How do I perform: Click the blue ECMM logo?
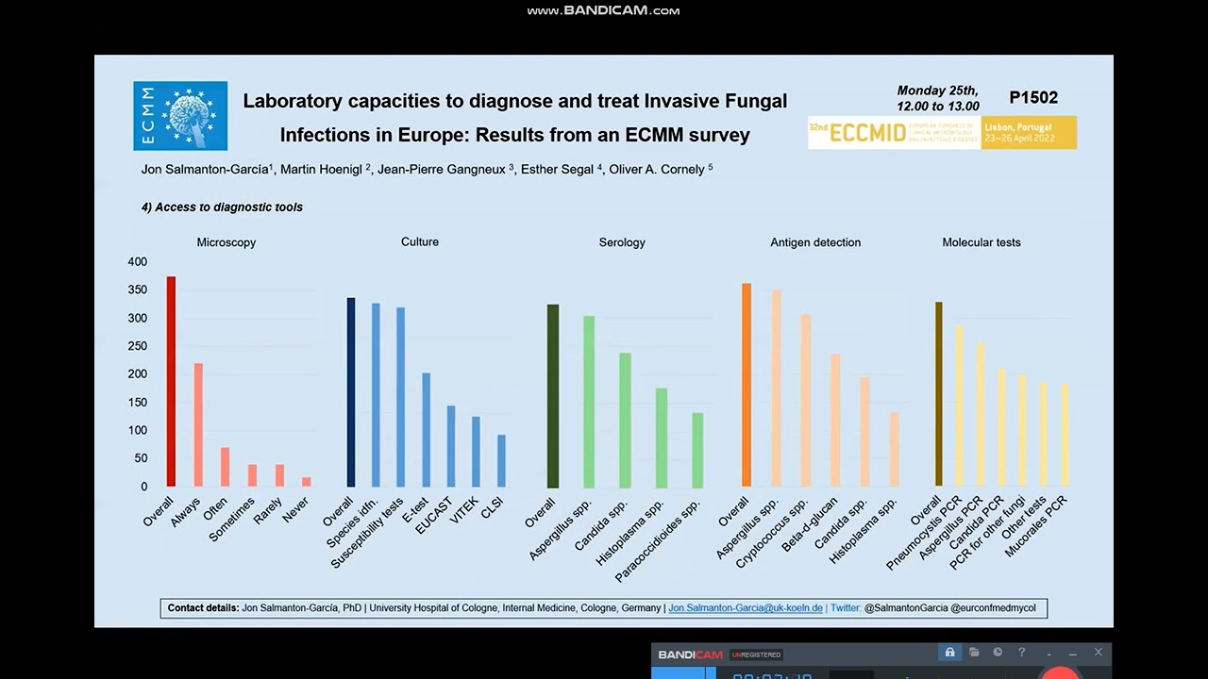click(x=180, y=116)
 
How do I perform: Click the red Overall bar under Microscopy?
click(x=171, y=382)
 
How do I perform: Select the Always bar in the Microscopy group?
click(x=198, y=424)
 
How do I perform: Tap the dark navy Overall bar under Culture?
click(x=351, y=392)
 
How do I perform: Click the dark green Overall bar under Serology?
click(x=553, y=396)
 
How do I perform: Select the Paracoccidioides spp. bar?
click(x=697, y=450)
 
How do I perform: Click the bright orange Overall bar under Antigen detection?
click(x=747, y=385)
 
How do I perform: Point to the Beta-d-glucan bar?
click(x=835, y=421)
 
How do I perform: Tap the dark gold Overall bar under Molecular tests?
click(x=939, y=394)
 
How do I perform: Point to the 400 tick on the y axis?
click(x=138, y=262)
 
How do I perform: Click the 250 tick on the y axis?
click(x=138, y=346)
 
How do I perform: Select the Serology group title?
click(x=622, y=242)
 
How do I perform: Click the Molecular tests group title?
click(x=981, y=242)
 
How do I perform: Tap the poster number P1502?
click(x=1033, y=98)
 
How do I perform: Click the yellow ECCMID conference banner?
click(x=942, y=133)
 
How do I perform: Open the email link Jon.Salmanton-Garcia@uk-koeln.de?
click(x=745, y=608)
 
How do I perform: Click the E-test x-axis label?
click(x=414, y=510)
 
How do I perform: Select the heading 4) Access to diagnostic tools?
click(x=222, y=207)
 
